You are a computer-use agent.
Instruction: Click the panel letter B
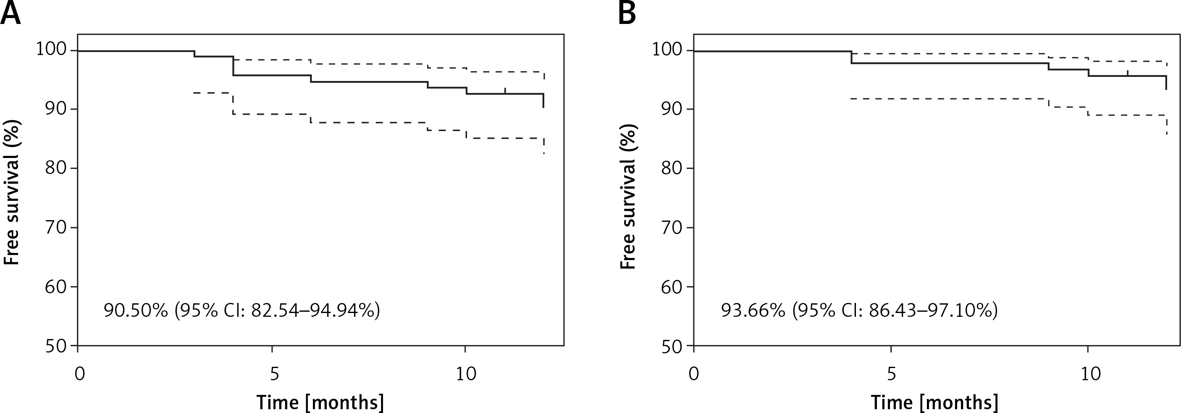627,13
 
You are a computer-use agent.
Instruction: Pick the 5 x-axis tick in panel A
274,374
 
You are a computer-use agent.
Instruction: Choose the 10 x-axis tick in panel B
1090,374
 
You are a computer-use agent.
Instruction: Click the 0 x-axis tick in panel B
694,374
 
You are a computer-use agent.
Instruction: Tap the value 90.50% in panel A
136,310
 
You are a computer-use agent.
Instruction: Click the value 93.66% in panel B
753,310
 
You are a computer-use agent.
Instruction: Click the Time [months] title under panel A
320,402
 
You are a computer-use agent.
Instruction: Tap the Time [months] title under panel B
934,402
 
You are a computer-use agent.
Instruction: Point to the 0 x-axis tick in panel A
79,374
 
